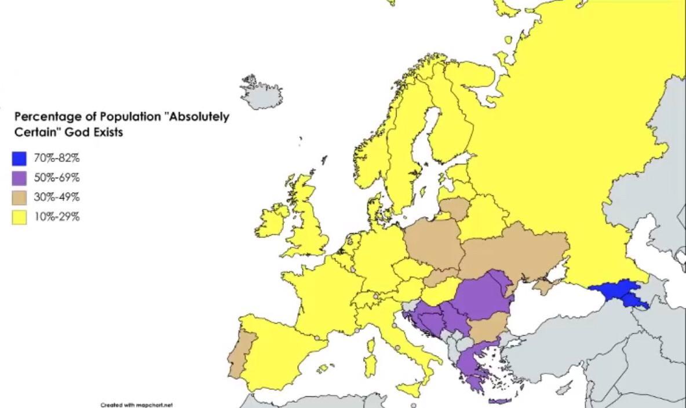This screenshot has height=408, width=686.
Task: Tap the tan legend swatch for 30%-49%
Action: [x=19, y=198]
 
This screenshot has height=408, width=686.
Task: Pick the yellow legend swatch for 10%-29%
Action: [x=19, y=218]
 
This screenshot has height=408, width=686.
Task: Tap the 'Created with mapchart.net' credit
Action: [x=137, y=405]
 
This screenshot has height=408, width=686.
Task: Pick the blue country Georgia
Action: [x=617, y=292]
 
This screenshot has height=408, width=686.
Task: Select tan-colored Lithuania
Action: [x=455, y=208]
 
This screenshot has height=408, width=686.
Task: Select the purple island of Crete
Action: [x=500, y=400]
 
